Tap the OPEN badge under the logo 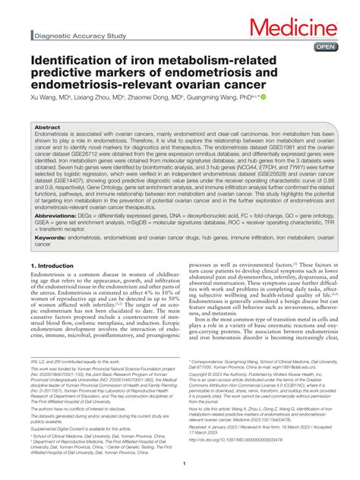pyautogui.click(x=324, y=46)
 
